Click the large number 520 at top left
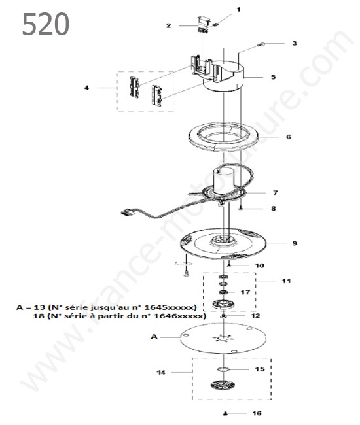45,24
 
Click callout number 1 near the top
238,10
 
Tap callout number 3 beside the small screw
295,43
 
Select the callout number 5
273,77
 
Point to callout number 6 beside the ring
289,137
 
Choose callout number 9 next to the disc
295,243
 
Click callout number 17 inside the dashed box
245,292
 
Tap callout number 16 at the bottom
257,413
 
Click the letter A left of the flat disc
154,337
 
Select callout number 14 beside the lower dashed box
161,373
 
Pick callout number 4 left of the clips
86,88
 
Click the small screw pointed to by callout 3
262,43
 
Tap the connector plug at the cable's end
128,211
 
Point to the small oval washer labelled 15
223,369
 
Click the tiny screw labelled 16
225,413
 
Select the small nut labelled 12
223,316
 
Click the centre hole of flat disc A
223,338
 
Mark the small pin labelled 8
241,209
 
